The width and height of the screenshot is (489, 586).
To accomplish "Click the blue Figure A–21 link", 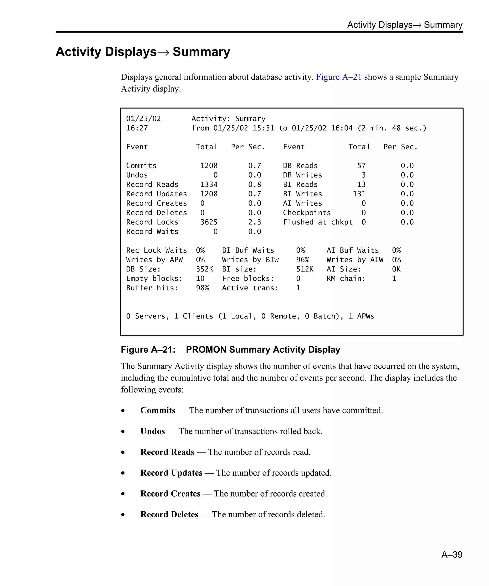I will click(338, 77).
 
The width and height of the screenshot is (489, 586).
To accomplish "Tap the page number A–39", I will click(452, 554).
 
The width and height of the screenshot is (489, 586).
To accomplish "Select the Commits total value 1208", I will click(208, 165).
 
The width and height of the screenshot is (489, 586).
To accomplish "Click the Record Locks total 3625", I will click(208, 222).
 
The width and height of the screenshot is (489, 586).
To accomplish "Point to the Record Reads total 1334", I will click(208, 184).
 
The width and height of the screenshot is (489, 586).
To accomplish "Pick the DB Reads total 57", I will click(361, 165).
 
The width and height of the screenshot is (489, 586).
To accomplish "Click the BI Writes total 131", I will click(359, 194).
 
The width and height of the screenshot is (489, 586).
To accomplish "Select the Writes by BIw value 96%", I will click(303, 260).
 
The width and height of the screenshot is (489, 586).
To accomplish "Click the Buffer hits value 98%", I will click(202, 288).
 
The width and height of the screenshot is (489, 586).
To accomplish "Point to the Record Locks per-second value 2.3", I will click(254, 222).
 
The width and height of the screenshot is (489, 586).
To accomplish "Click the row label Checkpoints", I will click(307, 213).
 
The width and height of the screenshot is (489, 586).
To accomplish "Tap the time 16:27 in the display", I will click(137, 128).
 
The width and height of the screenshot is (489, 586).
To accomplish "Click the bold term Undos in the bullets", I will click(153, 431).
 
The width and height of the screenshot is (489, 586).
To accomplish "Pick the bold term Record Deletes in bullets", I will click(169, 514).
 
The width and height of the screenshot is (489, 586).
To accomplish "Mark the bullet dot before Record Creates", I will click(123, 494).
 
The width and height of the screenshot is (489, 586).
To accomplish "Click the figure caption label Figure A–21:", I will click(148, 350).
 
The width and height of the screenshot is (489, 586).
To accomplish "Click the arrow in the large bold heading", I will click(163, 52).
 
